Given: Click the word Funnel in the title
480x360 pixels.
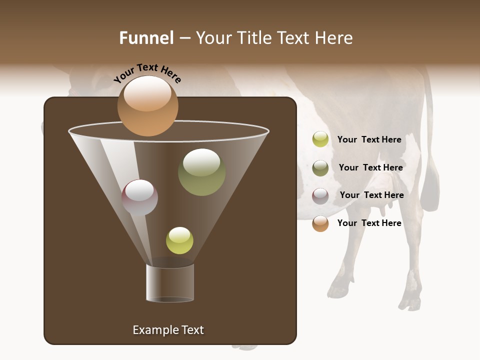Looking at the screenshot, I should [146, 38].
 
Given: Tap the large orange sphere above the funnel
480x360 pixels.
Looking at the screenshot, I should [147, 105].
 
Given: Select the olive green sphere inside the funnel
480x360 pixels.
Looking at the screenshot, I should [201, 171].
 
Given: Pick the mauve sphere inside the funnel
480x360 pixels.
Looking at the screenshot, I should [139, 197].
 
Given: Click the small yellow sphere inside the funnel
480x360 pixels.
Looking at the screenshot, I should [179, 240].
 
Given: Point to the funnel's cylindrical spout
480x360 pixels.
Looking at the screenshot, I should [170, 283].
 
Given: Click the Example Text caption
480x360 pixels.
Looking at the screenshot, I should [168, 330].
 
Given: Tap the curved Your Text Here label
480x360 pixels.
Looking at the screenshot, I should [147, 73].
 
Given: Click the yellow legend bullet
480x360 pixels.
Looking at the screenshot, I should [320, 139].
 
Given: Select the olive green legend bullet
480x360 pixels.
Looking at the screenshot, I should [320, 167].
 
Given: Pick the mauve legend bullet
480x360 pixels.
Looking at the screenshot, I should [320, 195].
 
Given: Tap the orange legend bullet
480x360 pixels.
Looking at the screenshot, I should [320, 223].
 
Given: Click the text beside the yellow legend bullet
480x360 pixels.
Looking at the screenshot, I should [369, 139].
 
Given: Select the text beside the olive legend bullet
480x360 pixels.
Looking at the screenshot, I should [370, 167].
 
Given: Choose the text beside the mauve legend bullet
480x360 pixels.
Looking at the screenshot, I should [371, 195].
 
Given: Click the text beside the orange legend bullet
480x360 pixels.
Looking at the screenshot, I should [369, 223].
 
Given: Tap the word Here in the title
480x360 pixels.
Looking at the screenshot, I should [335, 38].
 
